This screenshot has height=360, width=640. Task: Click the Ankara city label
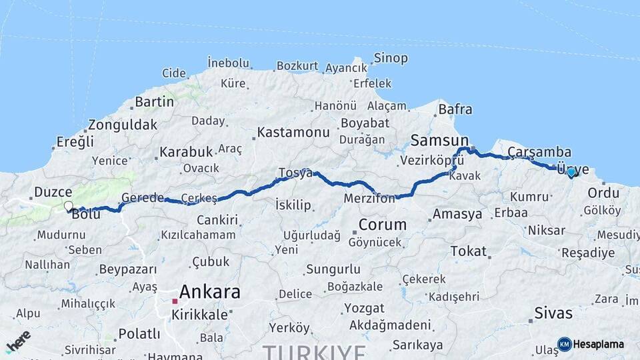[210, 291]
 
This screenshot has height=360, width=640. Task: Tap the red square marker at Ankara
[175, 301]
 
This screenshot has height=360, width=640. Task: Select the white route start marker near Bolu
[68, 207]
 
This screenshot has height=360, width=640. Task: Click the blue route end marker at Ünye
[571, 172]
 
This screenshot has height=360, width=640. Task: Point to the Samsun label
[440, 140]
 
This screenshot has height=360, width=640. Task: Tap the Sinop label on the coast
[391, 58]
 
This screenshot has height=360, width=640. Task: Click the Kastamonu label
[293, 132]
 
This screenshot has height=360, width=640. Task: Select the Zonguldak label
[123, 125]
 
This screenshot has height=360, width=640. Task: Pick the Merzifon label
[370, 199]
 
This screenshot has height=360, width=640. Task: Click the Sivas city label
[554, 312]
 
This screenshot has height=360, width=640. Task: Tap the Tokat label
[468, 251]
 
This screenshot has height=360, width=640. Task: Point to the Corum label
[382, 224]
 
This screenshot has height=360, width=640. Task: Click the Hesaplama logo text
[599, 344]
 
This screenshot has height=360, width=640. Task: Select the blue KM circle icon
[564, 344]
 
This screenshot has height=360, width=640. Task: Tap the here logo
[18, 341]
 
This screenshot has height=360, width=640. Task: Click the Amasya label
[457, 214]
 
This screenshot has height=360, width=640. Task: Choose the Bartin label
[154, 102]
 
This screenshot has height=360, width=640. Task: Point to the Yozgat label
[364, 308]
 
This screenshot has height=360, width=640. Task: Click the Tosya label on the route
[295, 173]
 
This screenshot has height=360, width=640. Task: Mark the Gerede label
[143, 198]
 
